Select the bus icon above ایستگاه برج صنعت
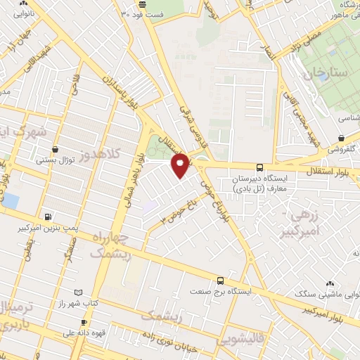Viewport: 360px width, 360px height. (x=221, y=280)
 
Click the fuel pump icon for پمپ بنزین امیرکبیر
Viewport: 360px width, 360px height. (x=47, y=217)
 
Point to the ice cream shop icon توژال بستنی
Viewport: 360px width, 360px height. (x=56, y=149)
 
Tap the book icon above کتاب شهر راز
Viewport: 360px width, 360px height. (x=78, y=292)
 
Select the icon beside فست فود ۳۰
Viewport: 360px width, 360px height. (x=124, y=13)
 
